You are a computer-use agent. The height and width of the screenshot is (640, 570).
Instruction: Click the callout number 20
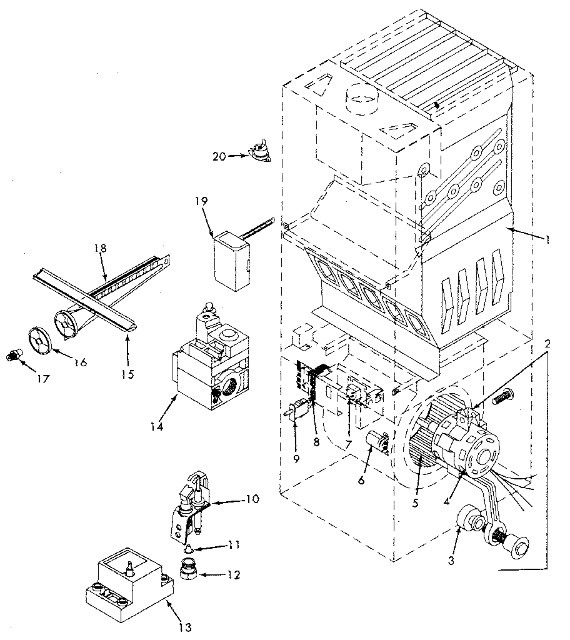point(219,156)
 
